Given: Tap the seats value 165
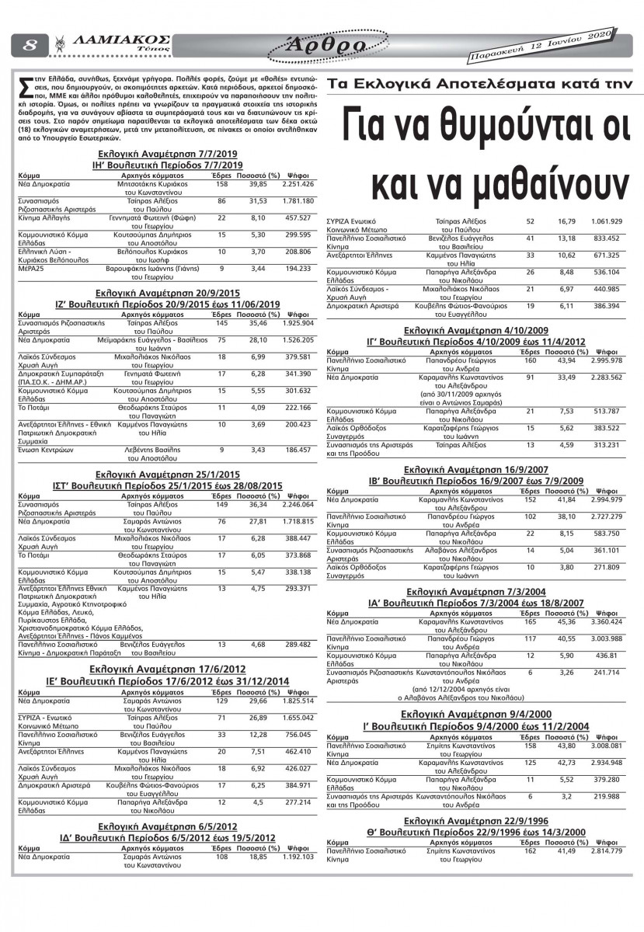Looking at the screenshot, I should click(x=530, y=621).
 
